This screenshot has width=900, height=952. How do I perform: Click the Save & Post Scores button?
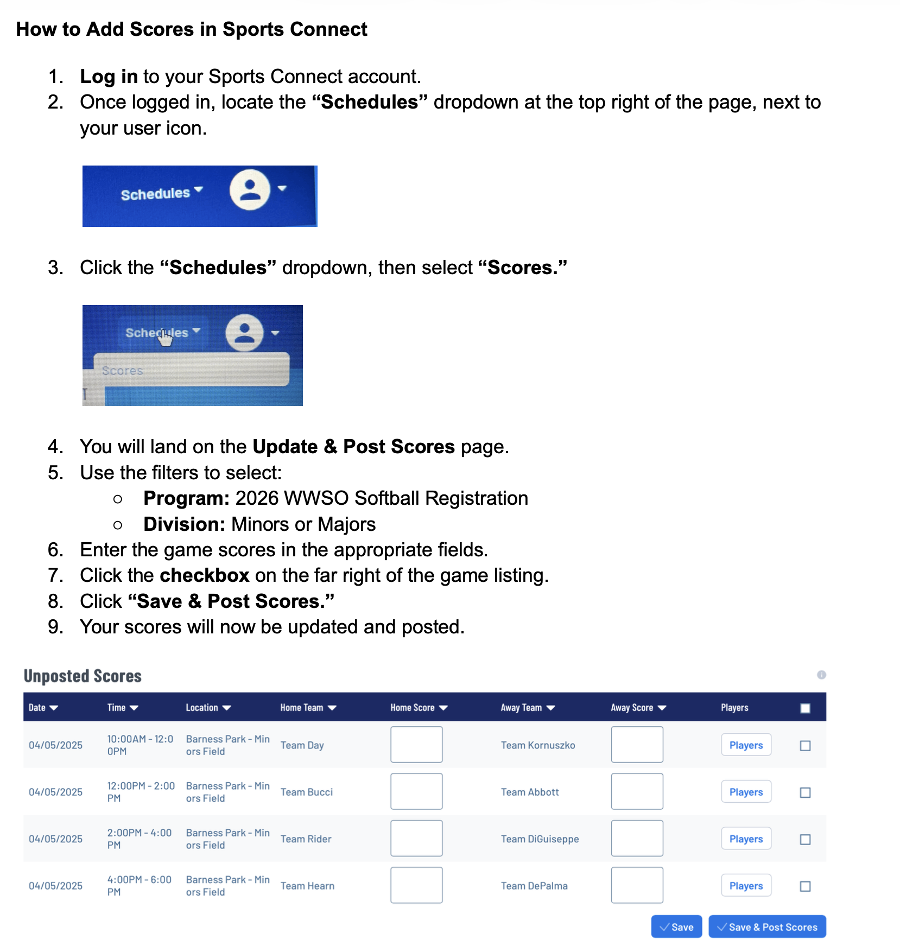pos(767,926)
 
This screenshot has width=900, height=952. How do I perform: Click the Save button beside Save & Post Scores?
pos(676,926)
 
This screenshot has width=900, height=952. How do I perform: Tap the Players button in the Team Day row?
pos(746,745)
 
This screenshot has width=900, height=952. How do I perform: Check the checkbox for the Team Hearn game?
pos(805,886)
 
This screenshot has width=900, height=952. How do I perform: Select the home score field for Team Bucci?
pos(416,791)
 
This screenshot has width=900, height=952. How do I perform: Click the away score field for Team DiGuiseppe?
pos(637,838)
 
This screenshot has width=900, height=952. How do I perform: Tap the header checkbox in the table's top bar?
pos(805,708)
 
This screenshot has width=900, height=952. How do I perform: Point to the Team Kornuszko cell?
pos(538,745)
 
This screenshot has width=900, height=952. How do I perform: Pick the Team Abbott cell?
pos(530,792)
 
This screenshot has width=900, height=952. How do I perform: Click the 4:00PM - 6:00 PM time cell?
pos(140,885)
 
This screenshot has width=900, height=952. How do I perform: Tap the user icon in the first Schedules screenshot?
pos(250,189)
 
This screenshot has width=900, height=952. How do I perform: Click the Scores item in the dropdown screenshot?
pos(122,371)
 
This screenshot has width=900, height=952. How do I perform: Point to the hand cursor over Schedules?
pos(165,337)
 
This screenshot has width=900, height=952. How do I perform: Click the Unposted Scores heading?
pos(83,676)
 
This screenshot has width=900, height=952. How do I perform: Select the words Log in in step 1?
pos(109,77)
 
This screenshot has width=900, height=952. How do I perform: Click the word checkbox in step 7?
pos(205,575)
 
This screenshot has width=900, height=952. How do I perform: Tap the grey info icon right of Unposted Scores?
pos(821,675)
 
